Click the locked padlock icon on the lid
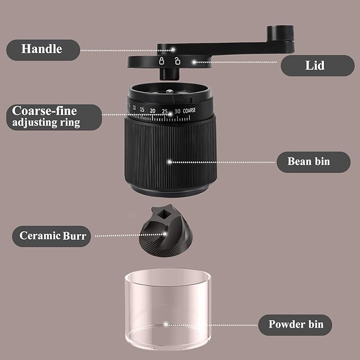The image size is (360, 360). pyautogui.click(x=162, y=61)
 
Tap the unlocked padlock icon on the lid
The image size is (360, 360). pyautogui.click(x=177, y=61)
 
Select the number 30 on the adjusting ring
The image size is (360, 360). pyautogui.click(x=177, y=111)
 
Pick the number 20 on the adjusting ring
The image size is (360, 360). pyautogui.click(x=153, y=111)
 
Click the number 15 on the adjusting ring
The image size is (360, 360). pyautogui.click(x=142, y=110)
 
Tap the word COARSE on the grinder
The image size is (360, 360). pyautogui.click(x=189, y=111)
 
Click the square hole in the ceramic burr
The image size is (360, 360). pyautogui.click(x=164, y=215)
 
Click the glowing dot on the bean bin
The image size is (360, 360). pyautogui.click(x=170, y=162)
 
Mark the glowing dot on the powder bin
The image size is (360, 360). pyautogui.click(x=166, y=324)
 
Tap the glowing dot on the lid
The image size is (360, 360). pyautogui.click(x=194, y=62)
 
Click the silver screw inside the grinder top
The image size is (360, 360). pyautogui.click(x=170, y=91)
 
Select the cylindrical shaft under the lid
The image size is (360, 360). pyautogui.click(x=170, y=74)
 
